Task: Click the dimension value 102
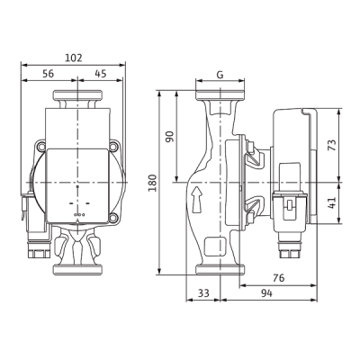(74, 58)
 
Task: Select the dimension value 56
(48, 74)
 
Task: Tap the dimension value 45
(101, 74)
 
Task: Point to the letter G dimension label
(220, 75)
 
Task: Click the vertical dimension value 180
(153, 183)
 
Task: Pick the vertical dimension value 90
(170, 137)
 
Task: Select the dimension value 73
(332, 145)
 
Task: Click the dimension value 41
(332, 202)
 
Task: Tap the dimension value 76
(279, 278)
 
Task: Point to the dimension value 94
(266, 293)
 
